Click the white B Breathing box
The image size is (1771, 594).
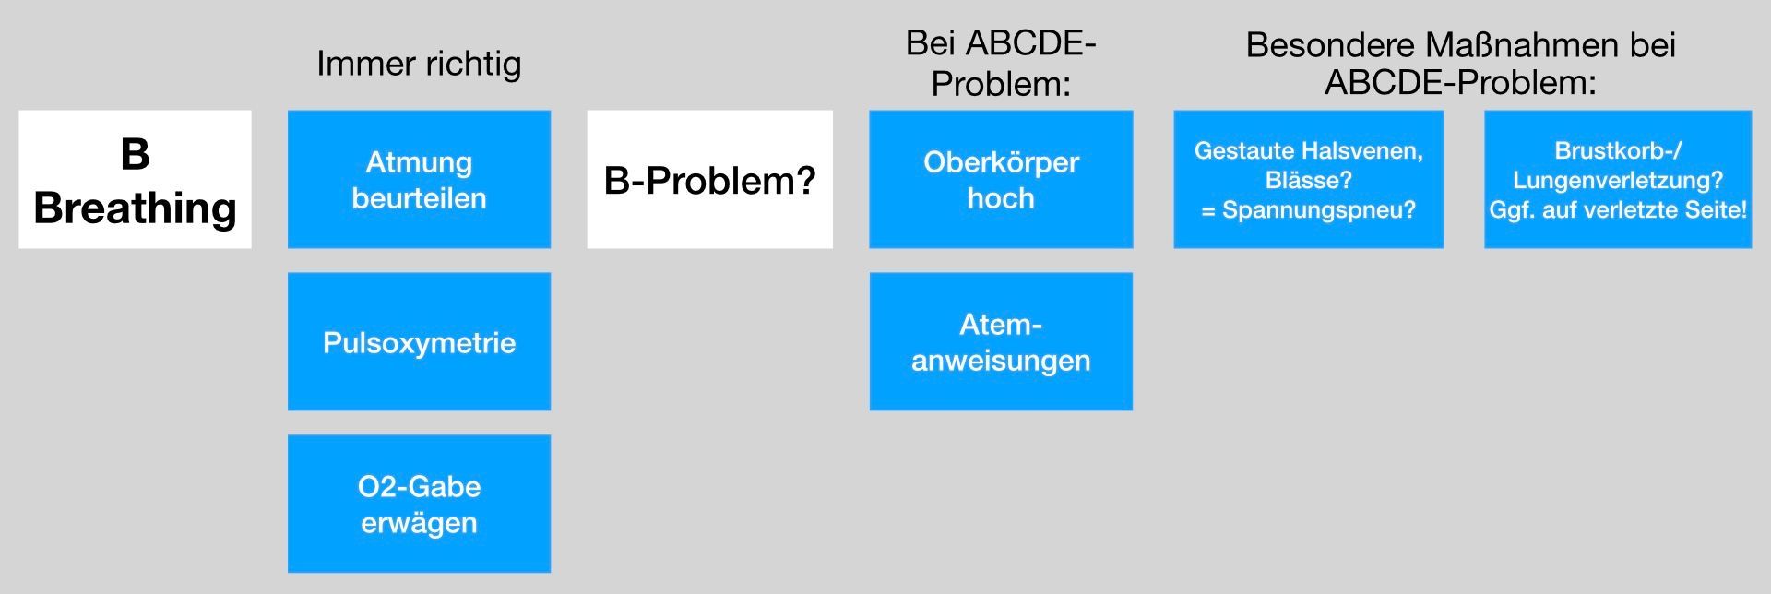pos(135,179)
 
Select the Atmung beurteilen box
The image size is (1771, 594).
pos(419,179)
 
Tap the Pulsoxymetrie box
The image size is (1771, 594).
pos(419,341)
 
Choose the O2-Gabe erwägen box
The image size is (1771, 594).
pos(419,504)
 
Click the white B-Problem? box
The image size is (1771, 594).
pos(709,179)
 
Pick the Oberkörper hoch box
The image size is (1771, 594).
pos(1001,179)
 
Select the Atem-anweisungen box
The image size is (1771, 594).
pos(1001,341)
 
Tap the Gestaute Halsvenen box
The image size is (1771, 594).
pos(1308,179)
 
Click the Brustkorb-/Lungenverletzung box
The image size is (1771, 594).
pos(1618,179)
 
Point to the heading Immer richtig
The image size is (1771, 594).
pos(419,64)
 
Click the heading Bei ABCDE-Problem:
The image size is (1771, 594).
pos(1001,64)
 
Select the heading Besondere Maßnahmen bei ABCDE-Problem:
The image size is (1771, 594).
pos(1461,64)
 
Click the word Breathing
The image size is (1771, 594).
pos(135,208)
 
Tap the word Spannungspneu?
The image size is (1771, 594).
pos(1319,210)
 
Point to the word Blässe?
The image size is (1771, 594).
pos(1308,180)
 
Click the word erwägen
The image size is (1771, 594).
pos(419,523)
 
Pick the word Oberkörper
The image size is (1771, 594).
pos(1001,162)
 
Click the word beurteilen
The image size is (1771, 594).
pos(419,198)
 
